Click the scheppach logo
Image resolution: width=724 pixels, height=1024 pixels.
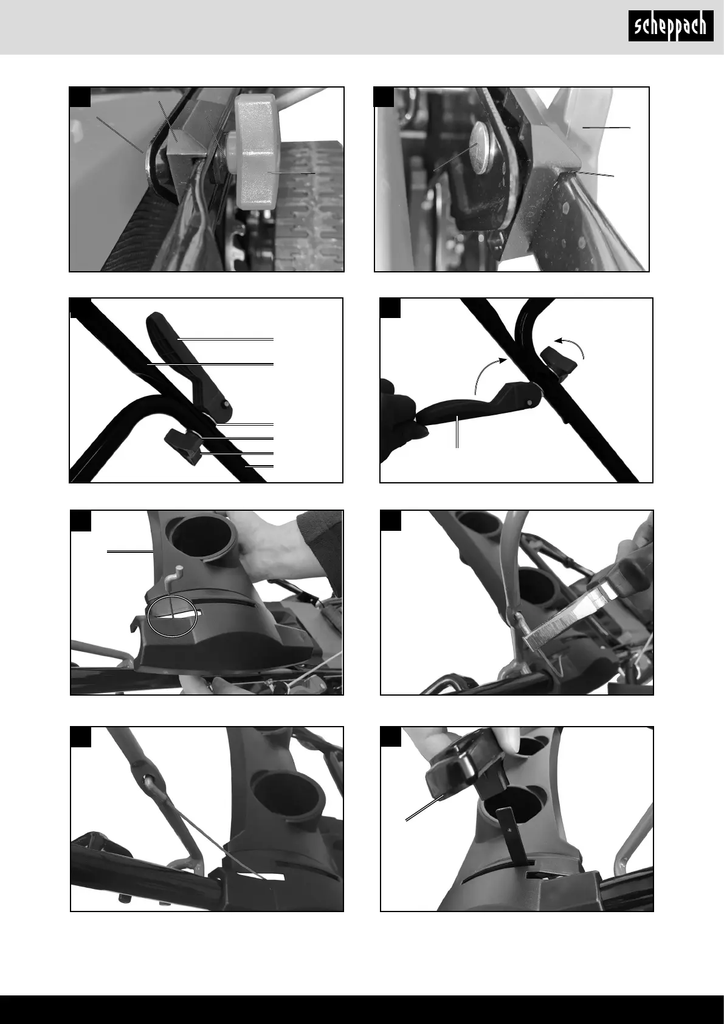point(671,26)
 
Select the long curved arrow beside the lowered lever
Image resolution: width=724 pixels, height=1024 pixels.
point(490,374)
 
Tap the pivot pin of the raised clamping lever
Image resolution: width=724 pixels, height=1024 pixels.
point(226,404)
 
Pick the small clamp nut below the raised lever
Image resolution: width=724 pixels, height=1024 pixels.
point(183,446)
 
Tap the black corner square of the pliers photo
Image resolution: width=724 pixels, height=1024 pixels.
point(390,521)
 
